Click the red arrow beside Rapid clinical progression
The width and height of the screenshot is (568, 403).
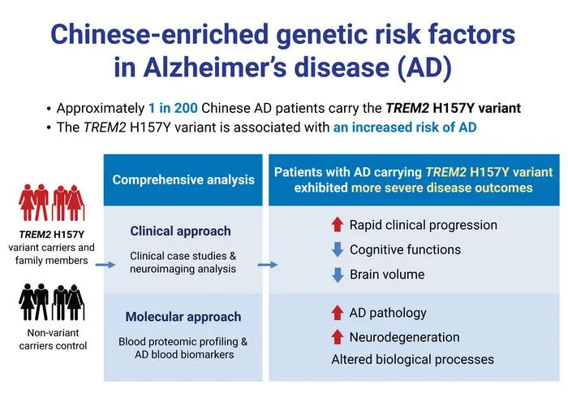pos(338,224)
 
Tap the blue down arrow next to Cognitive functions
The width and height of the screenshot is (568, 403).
pos(338,249)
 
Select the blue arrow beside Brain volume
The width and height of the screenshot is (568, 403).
pos(338,275)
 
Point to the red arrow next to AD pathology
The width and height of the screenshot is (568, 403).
pos(338,313)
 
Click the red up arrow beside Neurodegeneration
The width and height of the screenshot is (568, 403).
pos(338,337)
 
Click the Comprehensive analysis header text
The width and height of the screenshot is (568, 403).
pos(183,180)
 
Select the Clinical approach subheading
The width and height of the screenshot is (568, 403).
pos(180,231)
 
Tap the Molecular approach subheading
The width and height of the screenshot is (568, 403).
pos(183,317)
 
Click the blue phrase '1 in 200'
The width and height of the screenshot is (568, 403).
pos(173,108)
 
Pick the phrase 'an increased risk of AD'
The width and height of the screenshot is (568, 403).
pos(405,128)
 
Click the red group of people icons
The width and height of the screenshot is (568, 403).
pos(51,202)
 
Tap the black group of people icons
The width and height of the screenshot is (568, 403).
pos(51,302)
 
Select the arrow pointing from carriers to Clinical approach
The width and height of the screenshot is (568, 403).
pos(105,265)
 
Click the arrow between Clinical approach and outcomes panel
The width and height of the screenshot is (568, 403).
pos(268,265)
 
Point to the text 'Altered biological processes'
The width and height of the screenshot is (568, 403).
pos(412,359)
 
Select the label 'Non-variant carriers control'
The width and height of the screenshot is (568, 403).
pos(53,339)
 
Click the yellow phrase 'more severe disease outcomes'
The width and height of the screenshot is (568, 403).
pos(442,188)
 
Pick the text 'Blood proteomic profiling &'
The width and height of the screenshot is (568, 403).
pos(183,342)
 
